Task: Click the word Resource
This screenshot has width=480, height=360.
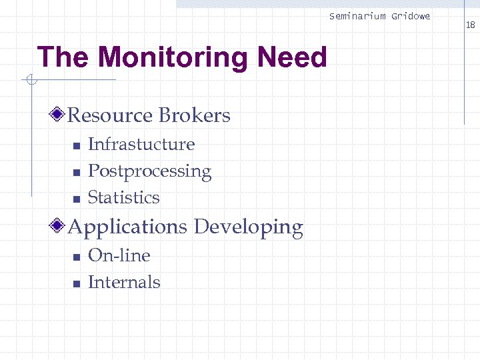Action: [x=111, y=115]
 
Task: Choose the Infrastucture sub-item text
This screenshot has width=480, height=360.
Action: [x=141, y=144]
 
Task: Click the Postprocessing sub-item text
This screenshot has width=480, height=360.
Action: [x=149, y=171]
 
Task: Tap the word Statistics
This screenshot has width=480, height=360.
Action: [x=124, y=197]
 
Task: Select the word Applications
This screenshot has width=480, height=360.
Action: [x=127, y=227]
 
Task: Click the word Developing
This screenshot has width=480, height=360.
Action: [x=248, y=227]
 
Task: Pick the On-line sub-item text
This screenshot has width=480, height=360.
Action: [x=119, y=255]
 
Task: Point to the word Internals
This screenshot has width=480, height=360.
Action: [x=124, y=282]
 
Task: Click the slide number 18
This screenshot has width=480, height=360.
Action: [x=470, y=25]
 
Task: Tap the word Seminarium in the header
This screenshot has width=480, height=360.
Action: [x=357, y=16]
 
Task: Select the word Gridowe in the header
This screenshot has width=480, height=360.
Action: [x=411, y=16]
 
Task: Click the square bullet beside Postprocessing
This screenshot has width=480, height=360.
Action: [x=76, y=173]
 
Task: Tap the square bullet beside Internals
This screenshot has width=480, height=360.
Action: [x=76, y=283]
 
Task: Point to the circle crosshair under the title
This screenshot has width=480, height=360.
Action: [x=29, y=81]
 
